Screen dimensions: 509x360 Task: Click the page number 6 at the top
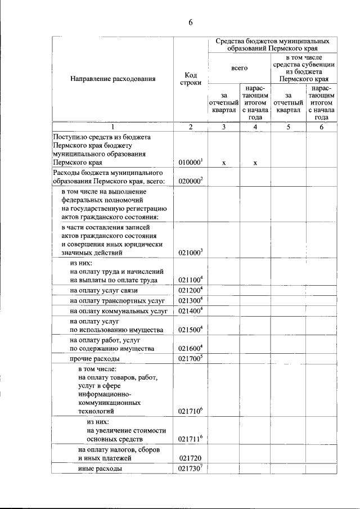(190, 22)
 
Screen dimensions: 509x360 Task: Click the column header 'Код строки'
(190, 79)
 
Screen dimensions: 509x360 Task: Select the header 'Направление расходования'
(112, 79)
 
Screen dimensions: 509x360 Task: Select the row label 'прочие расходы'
(94, 359)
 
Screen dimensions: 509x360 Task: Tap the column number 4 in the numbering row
(255, 127)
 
